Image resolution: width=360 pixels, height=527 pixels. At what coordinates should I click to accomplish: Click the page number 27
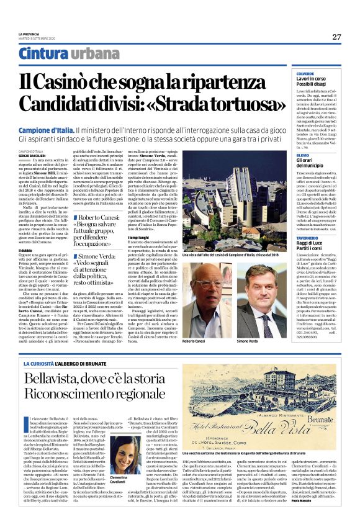(336, 37)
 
